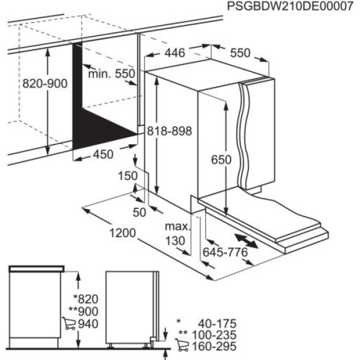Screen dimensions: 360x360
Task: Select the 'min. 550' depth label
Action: [x=112, y=74]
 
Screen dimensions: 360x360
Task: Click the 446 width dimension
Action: [x=175, y=53]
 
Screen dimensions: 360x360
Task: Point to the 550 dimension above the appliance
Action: [x=240, y=53]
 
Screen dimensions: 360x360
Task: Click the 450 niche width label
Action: [x=103, y=155]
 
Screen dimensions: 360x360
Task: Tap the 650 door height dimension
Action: [x=221, y=160]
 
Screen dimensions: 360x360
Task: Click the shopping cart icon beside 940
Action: [x=69, y=324]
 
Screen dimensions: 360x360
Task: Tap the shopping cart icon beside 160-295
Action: [x=181, y=346]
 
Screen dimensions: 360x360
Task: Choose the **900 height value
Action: [x=83, y=312]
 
